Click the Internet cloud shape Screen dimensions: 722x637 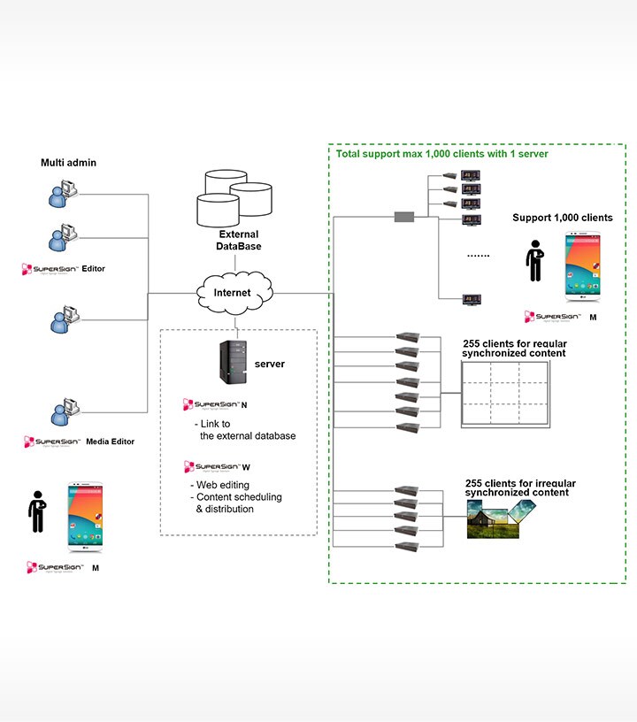coord(234,292)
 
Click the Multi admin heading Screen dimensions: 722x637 coord(68,163)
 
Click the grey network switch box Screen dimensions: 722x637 coord(403,216)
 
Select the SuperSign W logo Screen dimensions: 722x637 coord(217,466)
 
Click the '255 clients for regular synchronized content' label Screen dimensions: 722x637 coord(514,348)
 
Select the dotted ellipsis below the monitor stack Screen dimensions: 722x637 coord(478,255)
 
